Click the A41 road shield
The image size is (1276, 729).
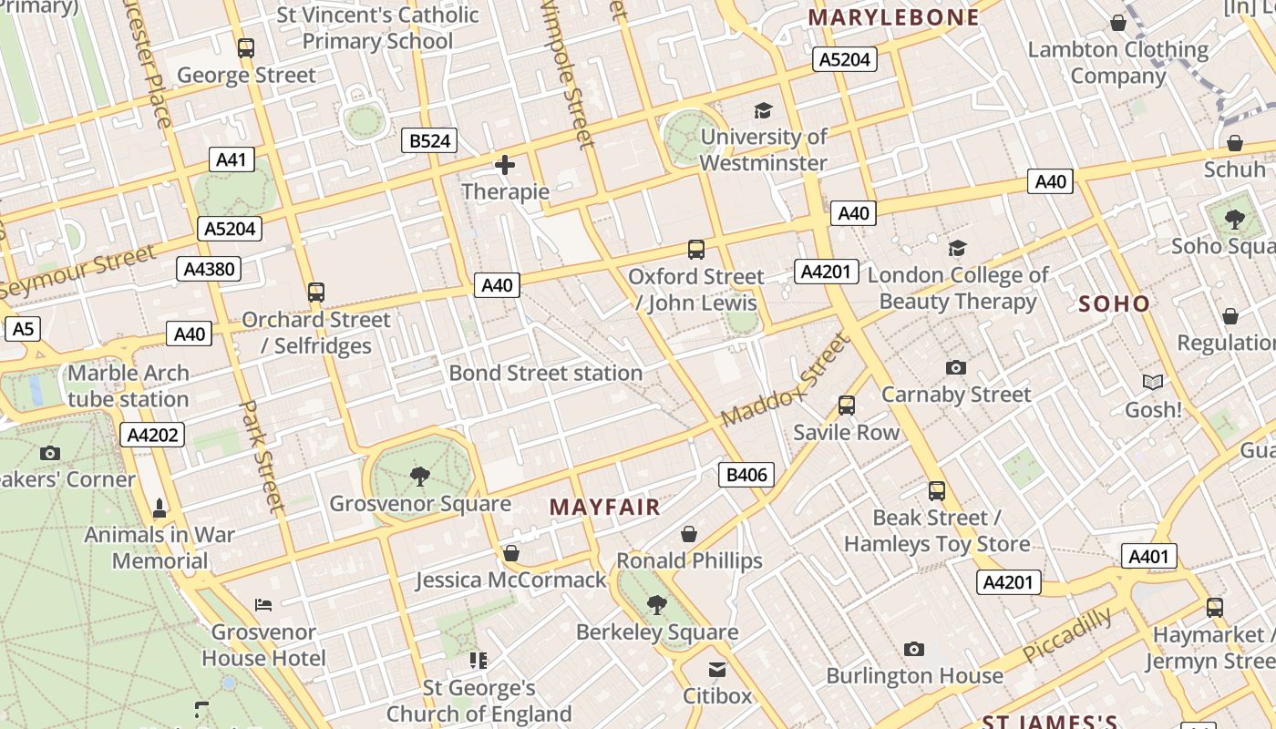pyautogui.click(x=231, y=159)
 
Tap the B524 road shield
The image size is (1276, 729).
pyautogui.click(x=429, y=140)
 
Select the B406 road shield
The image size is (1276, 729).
pyautogui.click(x=746, y=474)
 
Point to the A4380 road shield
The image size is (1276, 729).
pyautogui.click(x=209, y=268)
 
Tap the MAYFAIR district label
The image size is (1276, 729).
pyautogui.click(x=605, y=508)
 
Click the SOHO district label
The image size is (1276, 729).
pyautogui.click(x=1114, y=304)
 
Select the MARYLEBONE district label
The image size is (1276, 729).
pyautogui.click(x=893, y=17)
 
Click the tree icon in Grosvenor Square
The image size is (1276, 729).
pyautogui.click(x=420, y=476)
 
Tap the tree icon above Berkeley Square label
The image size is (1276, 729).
pyautogui.click(x=656, y=604)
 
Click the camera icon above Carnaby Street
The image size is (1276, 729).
pyautogui.click(x=955, y=367)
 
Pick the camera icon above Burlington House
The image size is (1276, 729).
pyautogui.click(x=914, y=649)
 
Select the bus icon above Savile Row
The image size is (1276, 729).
pyautogui.click(x=847, y=405)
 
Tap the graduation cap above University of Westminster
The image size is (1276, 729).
pyautogui.click(x=763, y=110)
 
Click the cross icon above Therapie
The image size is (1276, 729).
pyautogui.click(x=504, y=165)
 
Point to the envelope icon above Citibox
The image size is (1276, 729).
pyautogui.click(x=717, y=670)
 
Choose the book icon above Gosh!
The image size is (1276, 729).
pyautogui.click(x=1153, y=383)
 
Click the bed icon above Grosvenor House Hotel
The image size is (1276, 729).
pyautogui.click(x=263, y=604)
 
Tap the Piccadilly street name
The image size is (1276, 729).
pyautogui.click(x=1067, y=634)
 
